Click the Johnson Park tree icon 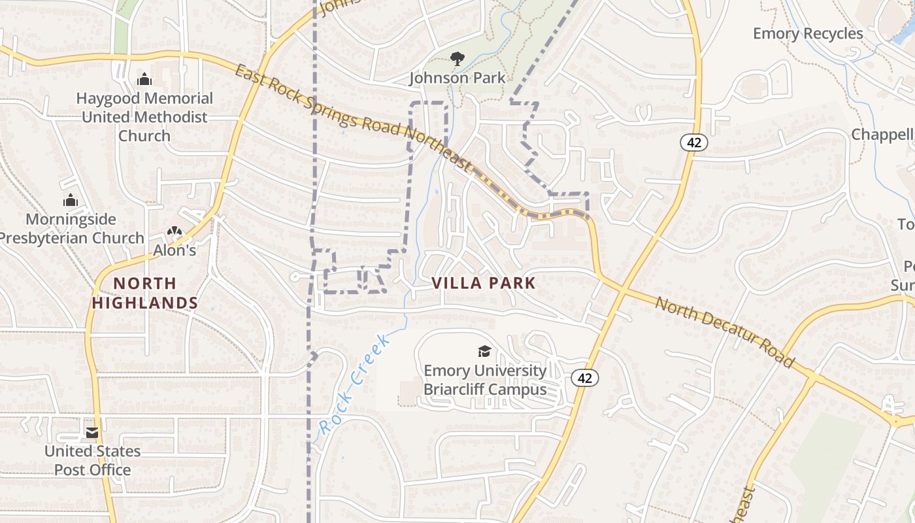457,59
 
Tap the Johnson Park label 457,78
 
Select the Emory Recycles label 808,33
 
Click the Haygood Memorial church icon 144,80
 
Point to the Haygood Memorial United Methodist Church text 144,117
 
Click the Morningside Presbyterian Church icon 71,200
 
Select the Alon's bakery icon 174,231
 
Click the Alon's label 175,250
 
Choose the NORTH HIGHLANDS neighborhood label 144,293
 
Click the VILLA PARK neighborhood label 484,283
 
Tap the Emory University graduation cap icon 484,352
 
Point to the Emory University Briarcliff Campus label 485,380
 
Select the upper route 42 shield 694,142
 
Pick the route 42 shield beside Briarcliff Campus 584,378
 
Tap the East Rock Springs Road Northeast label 353,118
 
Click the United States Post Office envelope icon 92,433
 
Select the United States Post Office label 92,460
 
